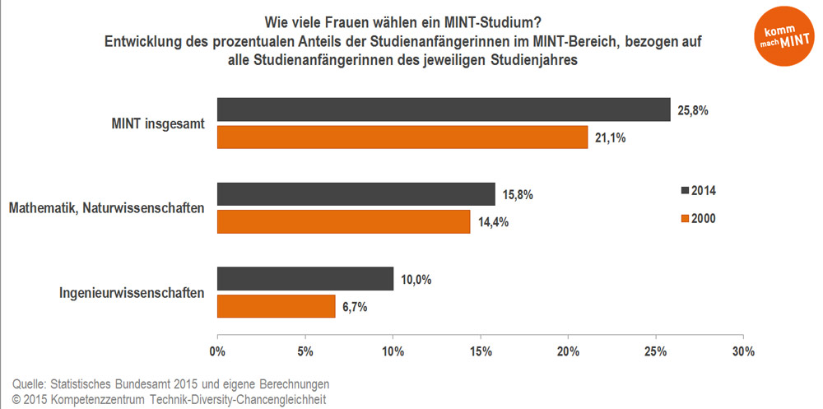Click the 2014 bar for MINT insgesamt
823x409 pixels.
click(x=444, y=109)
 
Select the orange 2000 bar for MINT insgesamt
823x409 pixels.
click(x=402, y=137)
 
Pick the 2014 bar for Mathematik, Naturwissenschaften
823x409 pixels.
click(x=356, y=194)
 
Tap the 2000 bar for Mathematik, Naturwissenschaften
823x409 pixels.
click(x=343, y=222)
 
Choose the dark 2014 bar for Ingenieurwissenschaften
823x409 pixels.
click(x=305, y=279)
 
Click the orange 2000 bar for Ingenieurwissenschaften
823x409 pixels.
click(x=276, y=307)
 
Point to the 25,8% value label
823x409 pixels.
click(x=693, y=110)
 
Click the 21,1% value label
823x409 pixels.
click(x=610, y=138)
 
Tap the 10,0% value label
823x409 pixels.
click(x=415, y=280)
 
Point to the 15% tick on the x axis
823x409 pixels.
click(x=481, y=351)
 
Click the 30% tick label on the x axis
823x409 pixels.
click(x=743, y=351)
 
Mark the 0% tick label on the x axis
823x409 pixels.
click(x=217, y=351)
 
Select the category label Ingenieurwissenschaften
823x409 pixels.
click(x=132, y=292)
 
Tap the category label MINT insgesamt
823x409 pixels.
click(x=157, y=123)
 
